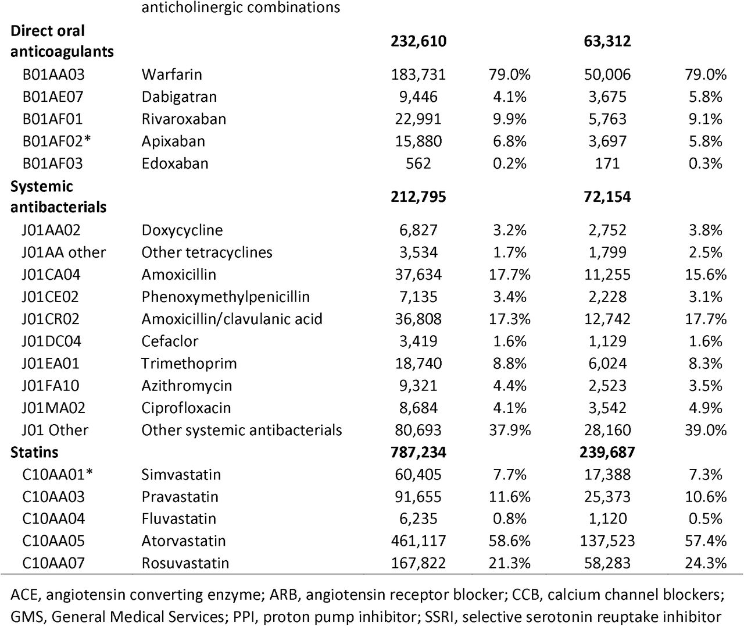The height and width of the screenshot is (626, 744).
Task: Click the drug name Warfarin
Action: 171,74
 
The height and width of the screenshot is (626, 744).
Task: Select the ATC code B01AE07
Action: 53,97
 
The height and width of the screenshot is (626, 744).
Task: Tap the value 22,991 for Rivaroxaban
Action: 419,119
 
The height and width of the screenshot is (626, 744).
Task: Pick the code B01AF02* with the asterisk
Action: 56,141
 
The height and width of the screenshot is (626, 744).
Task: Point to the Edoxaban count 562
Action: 419,163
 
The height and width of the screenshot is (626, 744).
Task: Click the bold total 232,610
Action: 419,41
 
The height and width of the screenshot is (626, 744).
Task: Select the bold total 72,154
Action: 607,197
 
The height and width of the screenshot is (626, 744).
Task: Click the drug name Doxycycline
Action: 182,230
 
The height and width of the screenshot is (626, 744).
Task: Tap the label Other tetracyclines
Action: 207,252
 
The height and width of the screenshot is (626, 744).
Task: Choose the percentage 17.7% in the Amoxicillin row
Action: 510,275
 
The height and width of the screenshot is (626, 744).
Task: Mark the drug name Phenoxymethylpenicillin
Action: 226,297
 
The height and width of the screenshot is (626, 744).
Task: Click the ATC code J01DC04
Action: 51,341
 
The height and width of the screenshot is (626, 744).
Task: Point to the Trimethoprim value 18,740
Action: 419,364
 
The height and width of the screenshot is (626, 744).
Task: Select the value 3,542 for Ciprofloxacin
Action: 607,408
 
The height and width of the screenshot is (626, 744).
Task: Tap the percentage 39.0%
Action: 706,430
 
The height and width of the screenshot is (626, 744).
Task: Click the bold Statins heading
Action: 34,452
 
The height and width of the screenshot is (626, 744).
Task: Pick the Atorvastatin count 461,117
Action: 419,541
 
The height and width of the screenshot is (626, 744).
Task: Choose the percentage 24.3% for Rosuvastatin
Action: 706,563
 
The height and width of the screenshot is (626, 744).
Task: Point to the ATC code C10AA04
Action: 53,518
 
